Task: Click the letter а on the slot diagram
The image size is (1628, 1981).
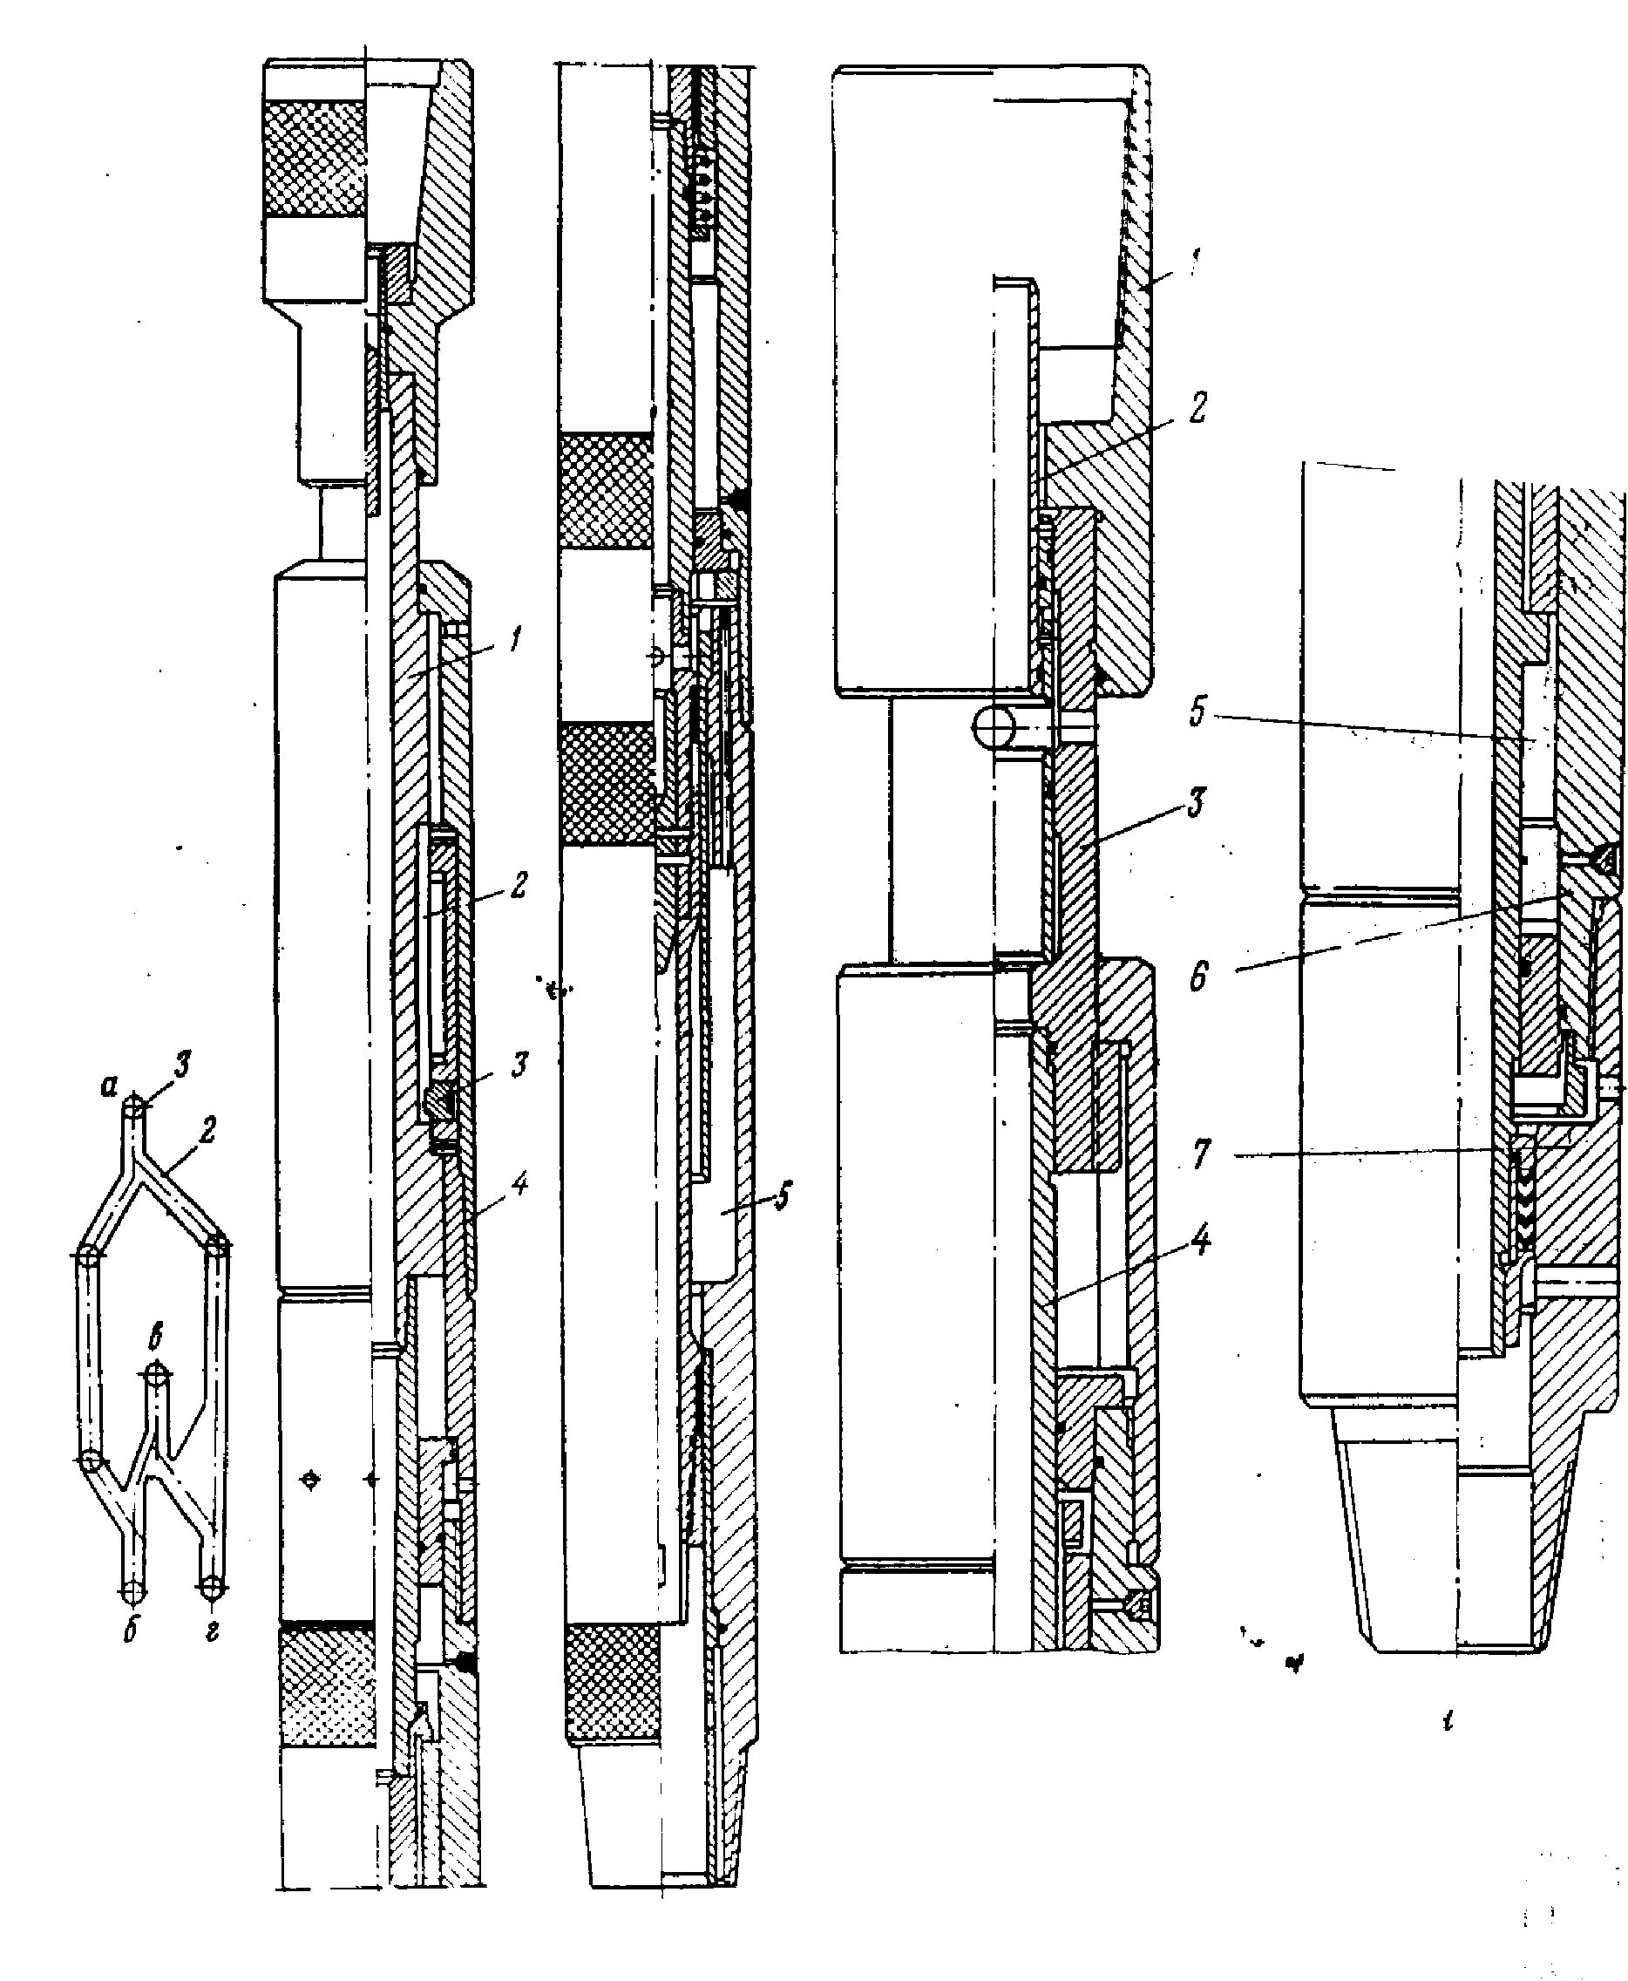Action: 110,1087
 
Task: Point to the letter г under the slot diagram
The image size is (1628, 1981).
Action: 213,1631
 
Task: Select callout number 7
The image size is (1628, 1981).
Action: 1201,1153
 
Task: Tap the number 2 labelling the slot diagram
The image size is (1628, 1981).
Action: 207,1129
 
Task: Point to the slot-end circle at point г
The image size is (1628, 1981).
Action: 212,1588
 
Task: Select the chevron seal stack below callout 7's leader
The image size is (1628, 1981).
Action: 1522,1210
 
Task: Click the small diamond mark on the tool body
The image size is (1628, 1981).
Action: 310,1481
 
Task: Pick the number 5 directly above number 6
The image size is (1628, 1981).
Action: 1197,711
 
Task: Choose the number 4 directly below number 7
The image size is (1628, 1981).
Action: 1200,1240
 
